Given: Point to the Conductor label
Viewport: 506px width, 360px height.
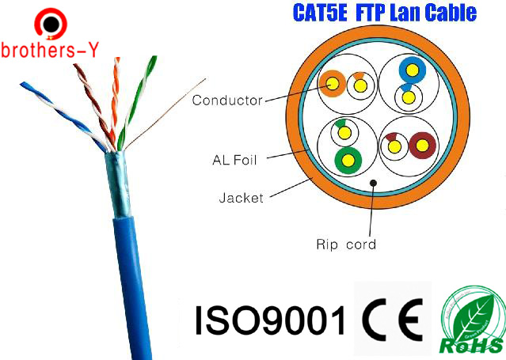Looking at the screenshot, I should [x=226, y=100].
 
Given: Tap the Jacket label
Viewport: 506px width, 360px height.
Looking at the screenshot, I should [x=241, y=197].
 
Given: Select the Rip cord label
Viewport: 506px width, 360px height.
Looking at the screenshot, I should [x=341, y=244].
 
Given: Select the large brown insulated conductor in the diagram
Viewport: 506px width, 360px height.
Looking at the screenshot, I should [x=422, y=144].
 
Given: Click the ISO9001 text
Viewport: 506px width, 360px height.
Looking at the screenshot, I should [x=270, y=320].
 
